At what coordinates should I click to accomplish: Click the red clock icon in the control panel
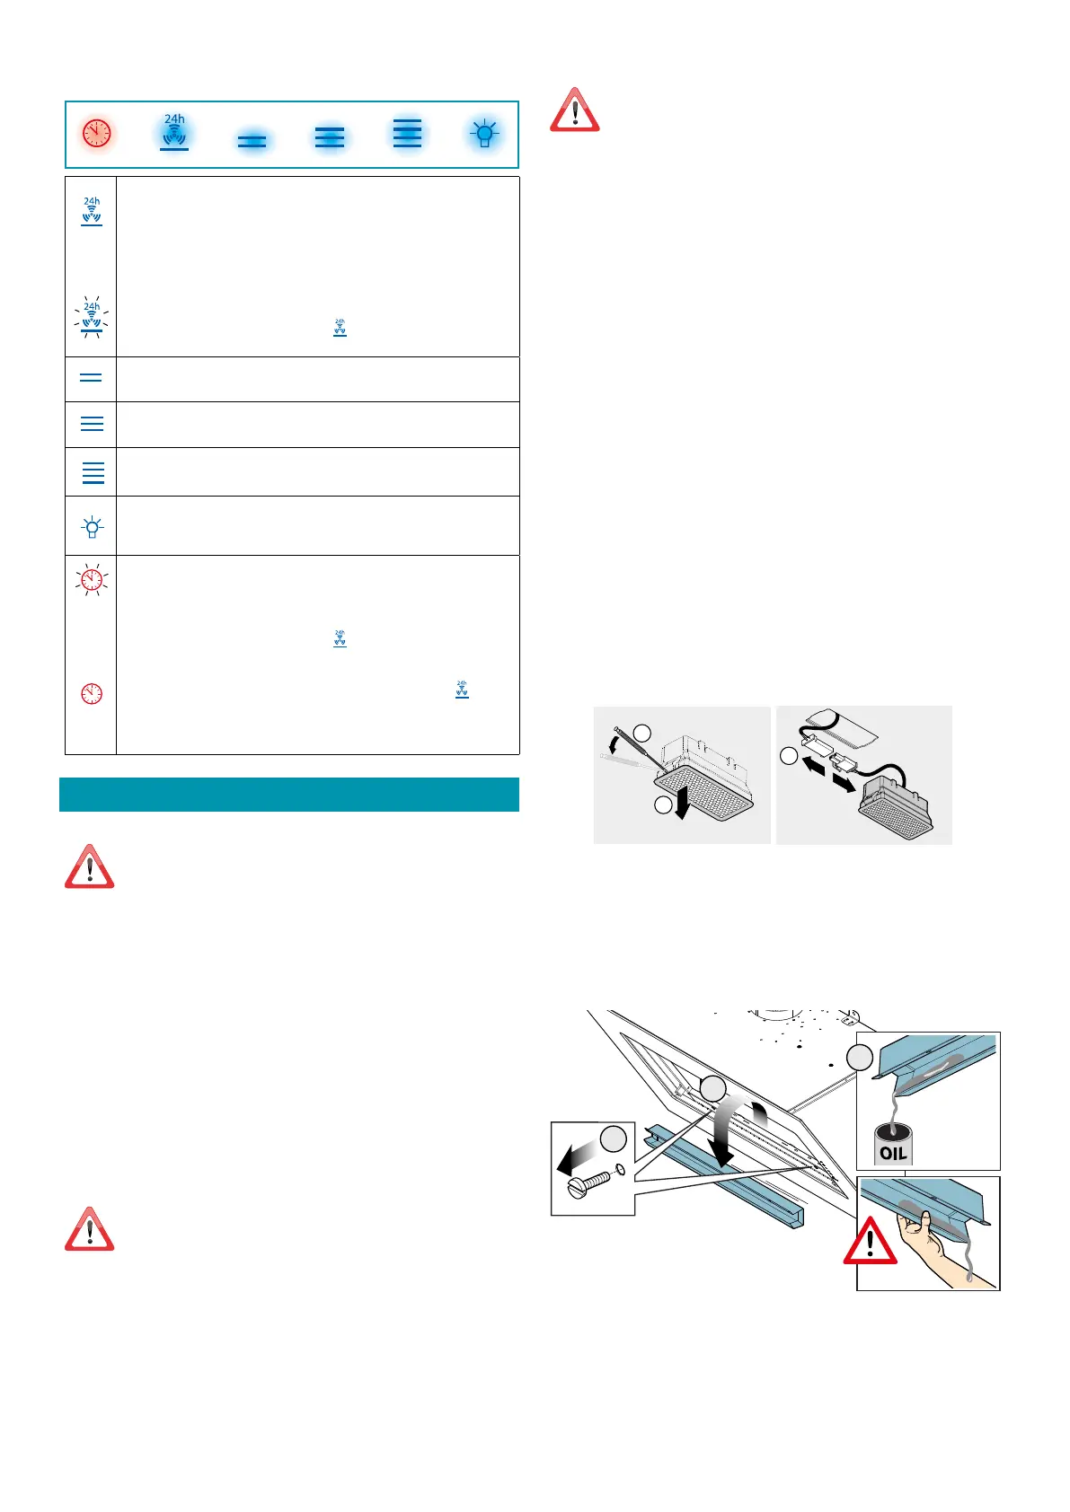click(96, 133)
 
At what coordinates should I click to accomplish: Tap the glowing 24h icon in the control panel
click(174, 132)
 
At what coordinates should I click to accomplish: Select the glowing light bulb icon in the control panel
click(484, 135)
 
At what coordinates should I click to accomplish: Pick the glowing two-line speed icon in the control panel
click(252, 141)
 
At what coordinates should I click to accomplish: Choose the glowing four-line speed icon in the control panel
click(407, 133)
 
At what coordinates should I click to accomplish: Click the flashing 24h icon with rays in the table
click(92, 317)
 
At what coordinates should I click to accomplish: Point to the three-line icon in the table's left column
click(92, 424)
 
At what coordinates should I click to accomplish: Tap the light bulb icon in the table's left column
click(92, 527)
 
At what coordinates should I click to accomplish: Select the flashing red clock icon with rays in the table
click(92, 580)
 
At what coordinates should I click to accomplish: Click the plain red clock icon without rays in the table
click(92, 693)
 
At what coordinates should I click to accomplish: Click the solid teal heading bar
click(289, 795)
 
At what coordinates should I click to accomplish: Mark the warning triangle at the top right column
click(574, 111)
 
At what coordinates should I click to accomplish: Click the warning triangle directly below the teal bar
click(89, 867)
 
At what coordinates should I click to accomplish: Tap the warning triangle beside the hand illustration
click(870, 1242)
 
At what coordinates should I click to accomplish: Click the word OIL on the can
click(893, 1153)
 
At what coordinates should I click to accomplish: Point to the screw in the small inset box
click(589, 1184)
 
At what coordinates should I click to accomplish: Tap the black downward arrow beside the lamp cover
click(683, 804)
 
